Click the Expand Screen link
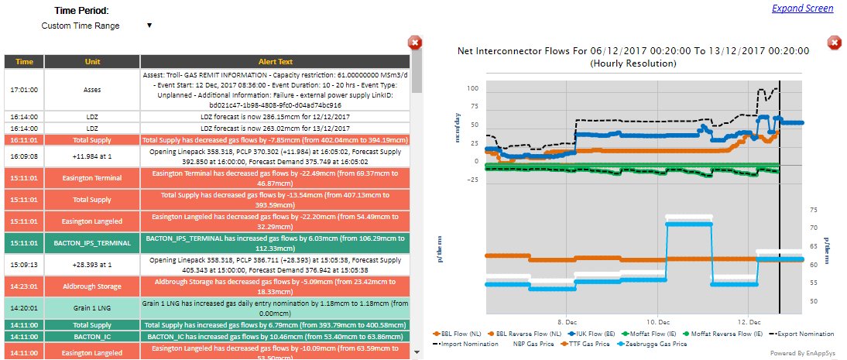[x=802, y=9]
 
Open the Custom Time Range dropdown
[x=96, y=26]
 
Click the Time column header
[x=25, y=61]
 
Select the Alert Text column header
[x=275, y=61]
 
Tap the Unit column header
[x=92, y=61]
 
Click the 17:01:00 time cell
[x=25, y=89]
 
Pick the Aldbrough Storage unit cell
[x=92, y=286]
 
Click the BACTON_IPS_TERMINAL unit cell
[x=92, y=242]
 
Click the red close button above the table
[x=415, y=43]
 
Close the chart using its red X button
[x=835, y=43]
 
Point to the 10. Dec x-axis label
[x=657, y=320]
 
